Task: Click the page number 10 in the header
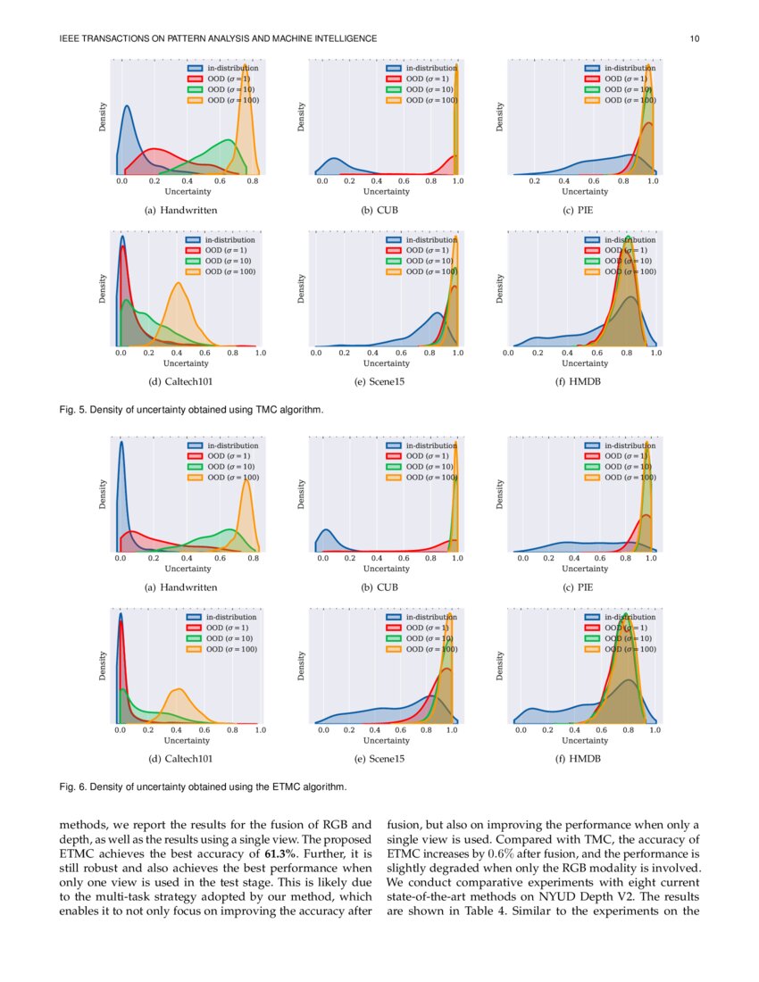point(695,38)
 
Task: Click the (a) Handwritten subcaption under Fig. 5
point(180,211)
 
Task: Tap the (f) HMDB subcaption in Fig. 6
point(585,759)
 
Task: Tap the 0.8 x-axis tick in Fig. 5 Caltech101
point(233,354)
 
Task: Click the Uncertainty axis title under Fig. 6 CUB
point(387,569)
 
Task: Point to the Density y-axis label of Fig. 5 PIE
point(501,117)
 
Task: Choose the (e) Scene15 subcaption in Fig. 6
point(386,759)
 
